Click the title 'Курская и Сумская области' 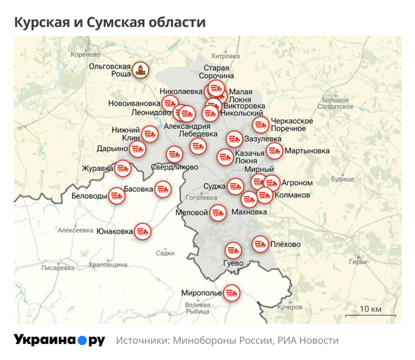[110, 22]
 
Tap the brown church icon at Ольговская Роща [142, 69]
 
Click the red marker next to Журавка [123, 168]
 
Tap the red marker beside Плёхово [260, 244]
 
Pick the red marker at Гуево [232, 249]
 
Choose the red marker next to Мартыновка [274, 150]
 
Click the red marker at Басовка [163, 188]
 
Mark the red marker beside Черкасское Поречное [260, 125]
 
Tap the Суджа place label [214, 186]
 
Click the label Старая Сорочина [219, 71]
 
